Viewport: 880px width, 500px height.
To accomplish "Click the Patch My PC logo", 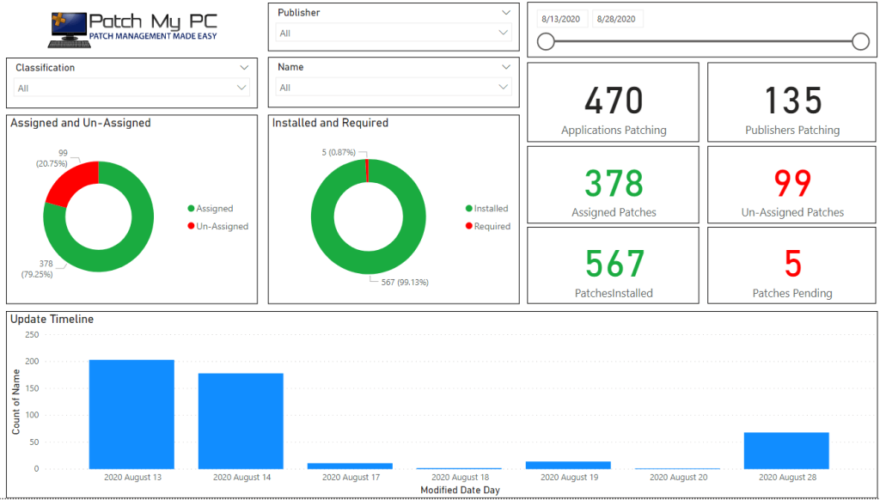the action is pyautogui.click(x=133, y=29).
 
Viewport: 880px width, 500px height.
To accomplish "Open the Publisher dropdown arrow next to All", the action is pyautogui.click(x=503, y=33).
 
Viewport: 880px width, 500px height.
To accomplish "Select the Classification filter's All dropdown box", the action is pyautogui.click(x=131, y=88).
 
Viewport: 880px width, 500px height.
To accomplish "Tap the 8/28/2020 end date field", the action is pyautogui.click(x=617, y=19).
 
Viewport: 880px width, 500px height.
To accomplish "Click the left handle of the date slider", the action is pyautogui.click(x=546, y=41).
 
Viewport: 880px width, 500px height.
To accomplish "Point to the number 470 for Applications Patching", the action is pyautogui.click(x=614, y=101).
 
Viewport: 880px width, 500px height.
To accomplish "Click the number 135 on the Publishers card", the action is pyautogui.click(x=792, y=101).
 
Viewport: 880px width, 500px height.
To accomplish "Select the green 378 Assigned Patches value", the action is pyautogui.click(x=614, y=184).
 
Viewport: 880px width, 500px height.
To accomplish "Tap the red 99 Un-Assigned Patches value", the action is pyautogui.click(x=792, y=184).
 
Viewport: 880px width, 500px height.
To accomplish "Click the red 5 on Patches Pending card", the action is pyautogui.click(x=793, y=264).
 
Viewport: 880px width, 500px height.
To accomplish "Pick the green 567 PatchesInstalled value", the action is pyautogui.click(x=614, y=264).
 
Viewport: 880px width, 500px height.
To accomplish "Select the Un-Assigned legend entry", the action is pyautogui.click(x=217, y=226).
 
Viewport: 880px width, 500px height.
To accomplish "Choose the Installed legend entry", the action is pyautogui.click(x=486, y=208).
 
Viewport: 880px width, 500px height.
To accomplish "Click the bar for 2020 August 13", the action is pyautogui.click(x=131, y=414).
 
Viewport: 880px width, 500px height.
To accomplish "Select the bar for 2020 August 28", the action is pyautogui.click(x=786, y=451).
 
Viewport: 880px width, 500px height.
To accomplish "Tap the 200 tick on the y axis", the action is pyautogui.click(x=32, y=362).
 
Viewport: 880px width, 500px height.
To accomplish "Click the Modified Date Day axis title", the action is pyautogui.click(x=460, y=490).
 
